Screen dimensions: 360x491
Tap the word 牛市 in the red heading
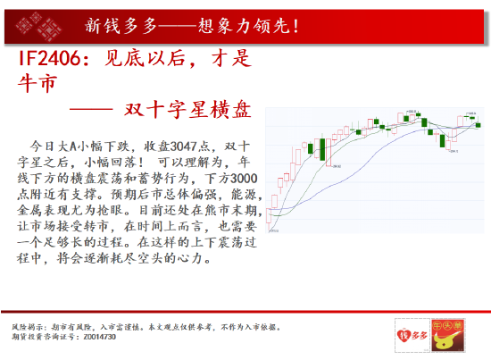click(x=37, y=84)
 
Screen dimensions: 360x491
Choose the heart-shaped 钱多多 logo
click(x=409, y=334)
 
